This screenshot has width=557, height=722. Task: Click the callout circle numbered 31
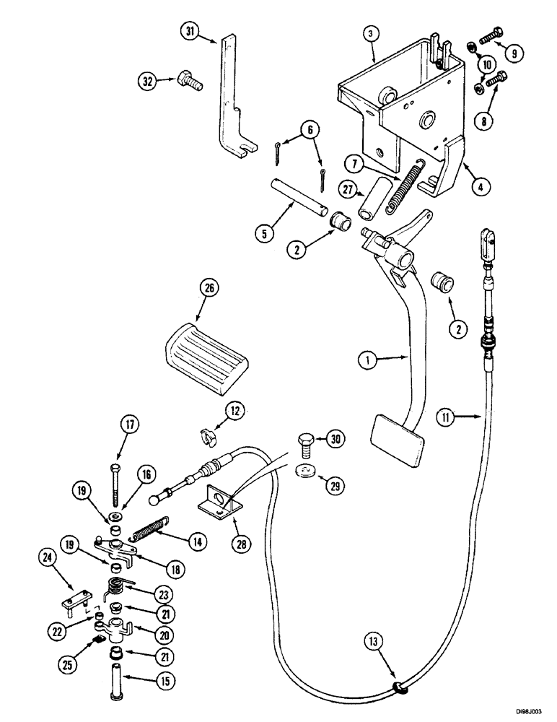pos(189,32)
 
